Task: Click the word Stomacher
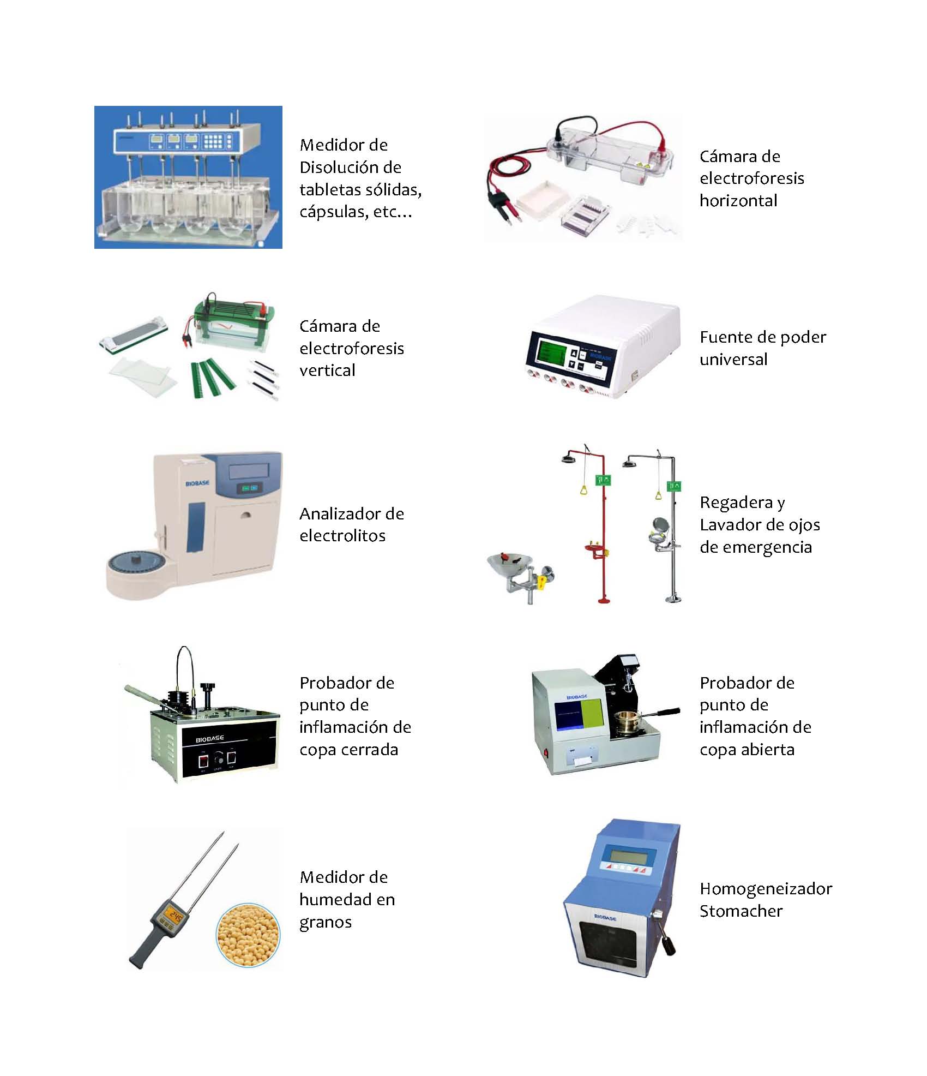(x=741, y=911)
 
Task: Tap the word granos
(x=326, y=922)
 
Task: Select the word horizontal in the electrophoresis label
(x=738, y=201)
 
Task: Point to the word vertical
(x=327, y=370)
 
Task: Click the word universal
(x=733, y=359)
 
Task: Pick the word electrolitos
(x=342, y=535)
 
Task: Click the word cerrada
(x=368, y=749)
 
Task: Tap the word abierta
(x=767, y=749)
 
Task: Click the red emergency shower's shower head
(x=571, y=457)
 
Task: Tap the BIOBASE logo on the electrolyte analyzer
(x=197, y=483)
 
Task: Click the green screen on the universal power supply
(x=551, y=352)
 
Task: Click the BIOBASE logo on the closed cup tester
(x=209, y=739)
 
